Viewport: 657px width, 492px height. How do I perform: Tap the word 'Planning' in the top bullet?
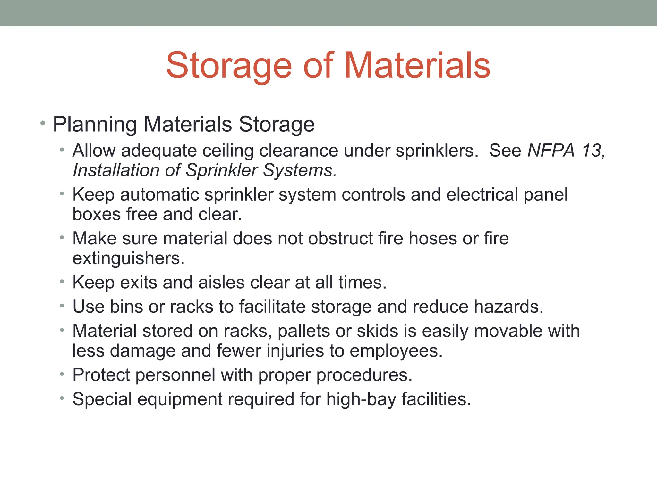(95, 125)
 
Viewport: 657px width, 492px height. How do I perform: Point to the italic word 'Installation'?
(116, 170)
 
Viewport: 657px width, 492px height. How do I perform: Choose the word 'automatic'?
(159, 194)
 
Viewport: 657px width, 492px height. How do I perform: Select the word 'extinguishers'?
(128, 258)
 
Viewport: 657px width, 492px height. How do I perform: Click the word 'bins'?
(126, 307)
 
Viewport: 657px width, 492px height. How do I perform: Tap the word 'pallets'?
(303, 331)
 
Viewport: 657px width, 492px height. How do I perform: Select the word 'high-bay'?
(361, 399)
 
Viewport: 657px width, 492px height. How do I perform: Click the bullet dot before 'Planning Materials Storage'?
(43, 123)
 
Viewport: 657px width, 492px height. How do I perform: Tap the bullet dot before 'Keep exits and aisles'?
(62, 282)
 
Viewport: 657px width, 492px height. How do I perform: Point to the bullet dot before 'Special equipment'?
(62, 398)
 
